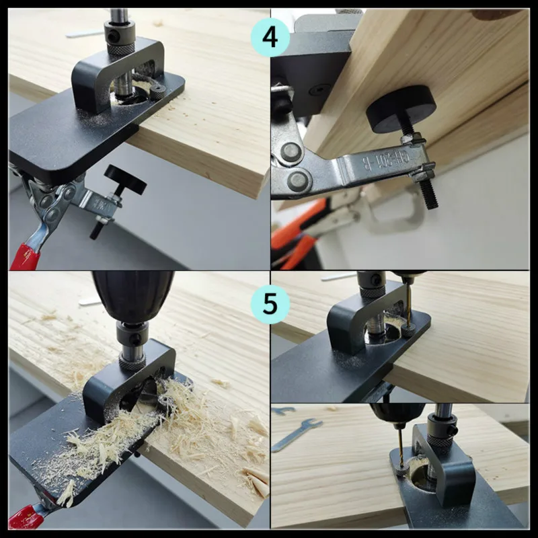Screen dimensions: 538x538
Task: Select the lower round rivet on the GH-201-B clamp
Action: pyautogui.click(x=297, y=180)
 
